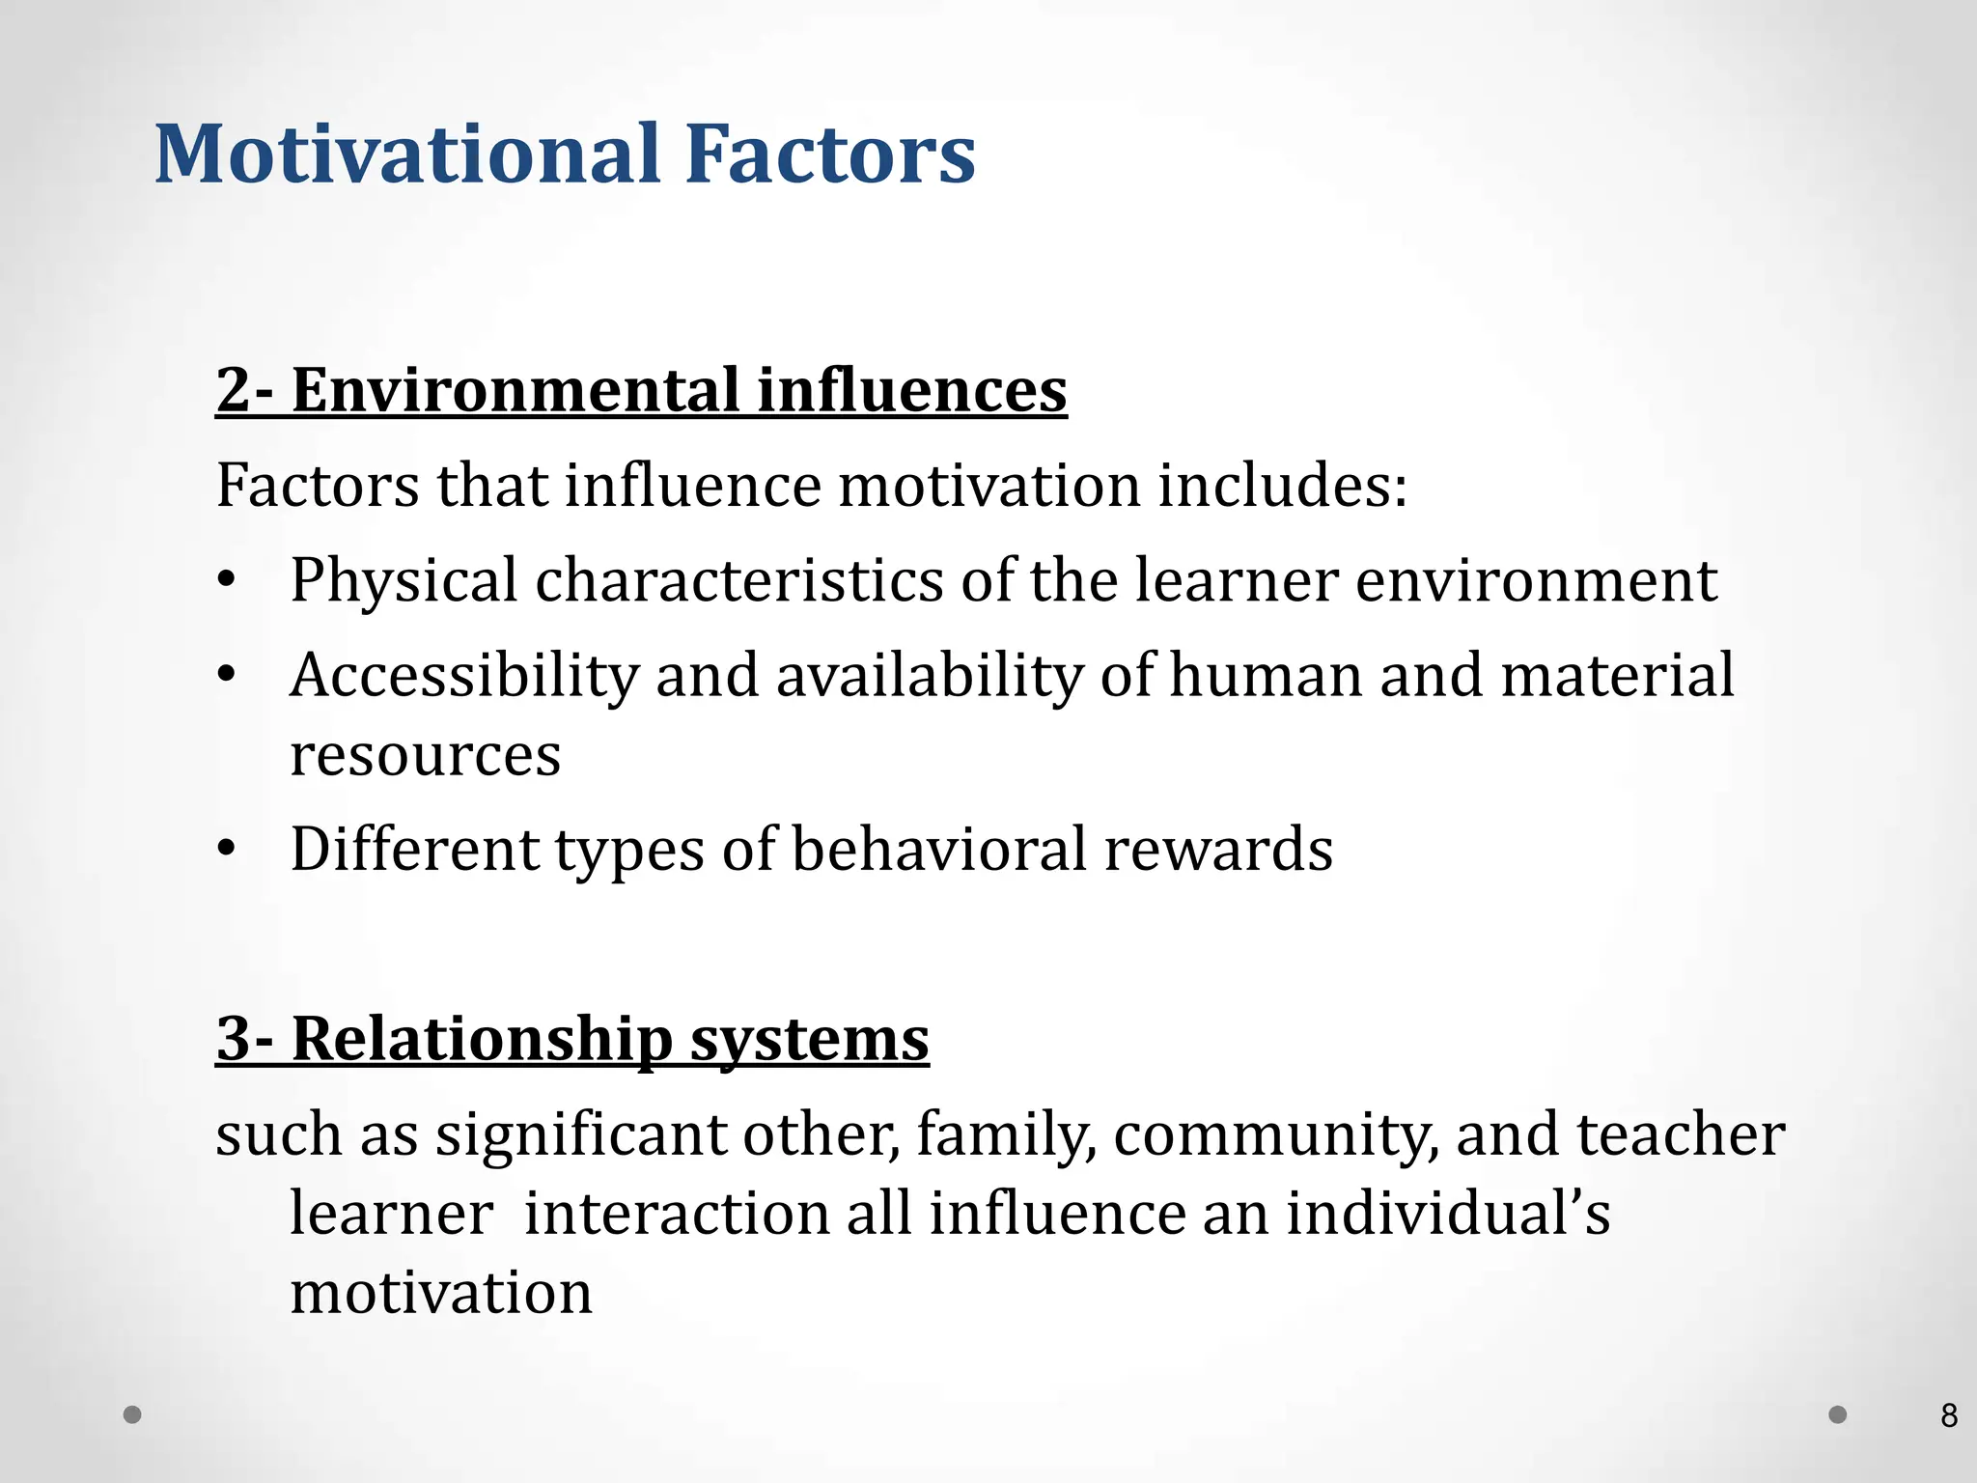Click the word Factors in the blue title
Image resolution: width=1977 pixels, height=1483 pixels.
tap(830, 154)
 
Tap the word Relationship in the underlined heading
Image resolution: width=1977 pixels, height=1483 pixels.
tap(482, 1039)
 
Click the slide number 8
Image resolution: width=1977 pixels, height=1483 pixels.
tap(1948, 1416)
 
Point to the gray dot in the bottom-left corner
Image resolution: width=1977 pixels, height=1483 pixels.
tap(133, 1414)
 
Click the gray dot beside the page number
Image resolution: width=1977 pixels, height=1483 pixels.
tap(1838, 1414)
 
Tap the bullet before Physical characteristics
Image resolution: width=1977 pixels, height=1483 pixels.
tap(226, 581)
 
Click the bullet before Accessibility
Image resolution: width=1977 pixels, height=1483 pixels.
tap(226, 675)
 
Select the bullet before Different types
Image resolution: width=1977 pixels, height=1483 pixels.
tap(226, 850)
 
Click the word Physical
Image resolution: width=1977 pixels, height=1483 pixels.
tap(404, 581)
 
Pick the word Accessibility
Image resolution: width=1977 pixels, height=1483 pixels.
tap(463, 675)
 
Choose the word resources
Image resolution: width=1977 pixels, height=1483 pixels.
tap(425, 755)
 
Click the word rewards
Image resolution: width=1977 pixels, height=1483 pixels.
tap(1217, 850)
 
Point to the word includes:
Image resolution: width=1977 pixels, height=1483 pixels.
tap(1282, 485)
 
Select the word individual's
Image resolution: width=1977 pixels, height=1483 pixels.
tap(1448, 1213)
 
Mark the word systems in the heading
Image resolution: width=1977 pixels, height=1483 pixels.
tap(809, 1039)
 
